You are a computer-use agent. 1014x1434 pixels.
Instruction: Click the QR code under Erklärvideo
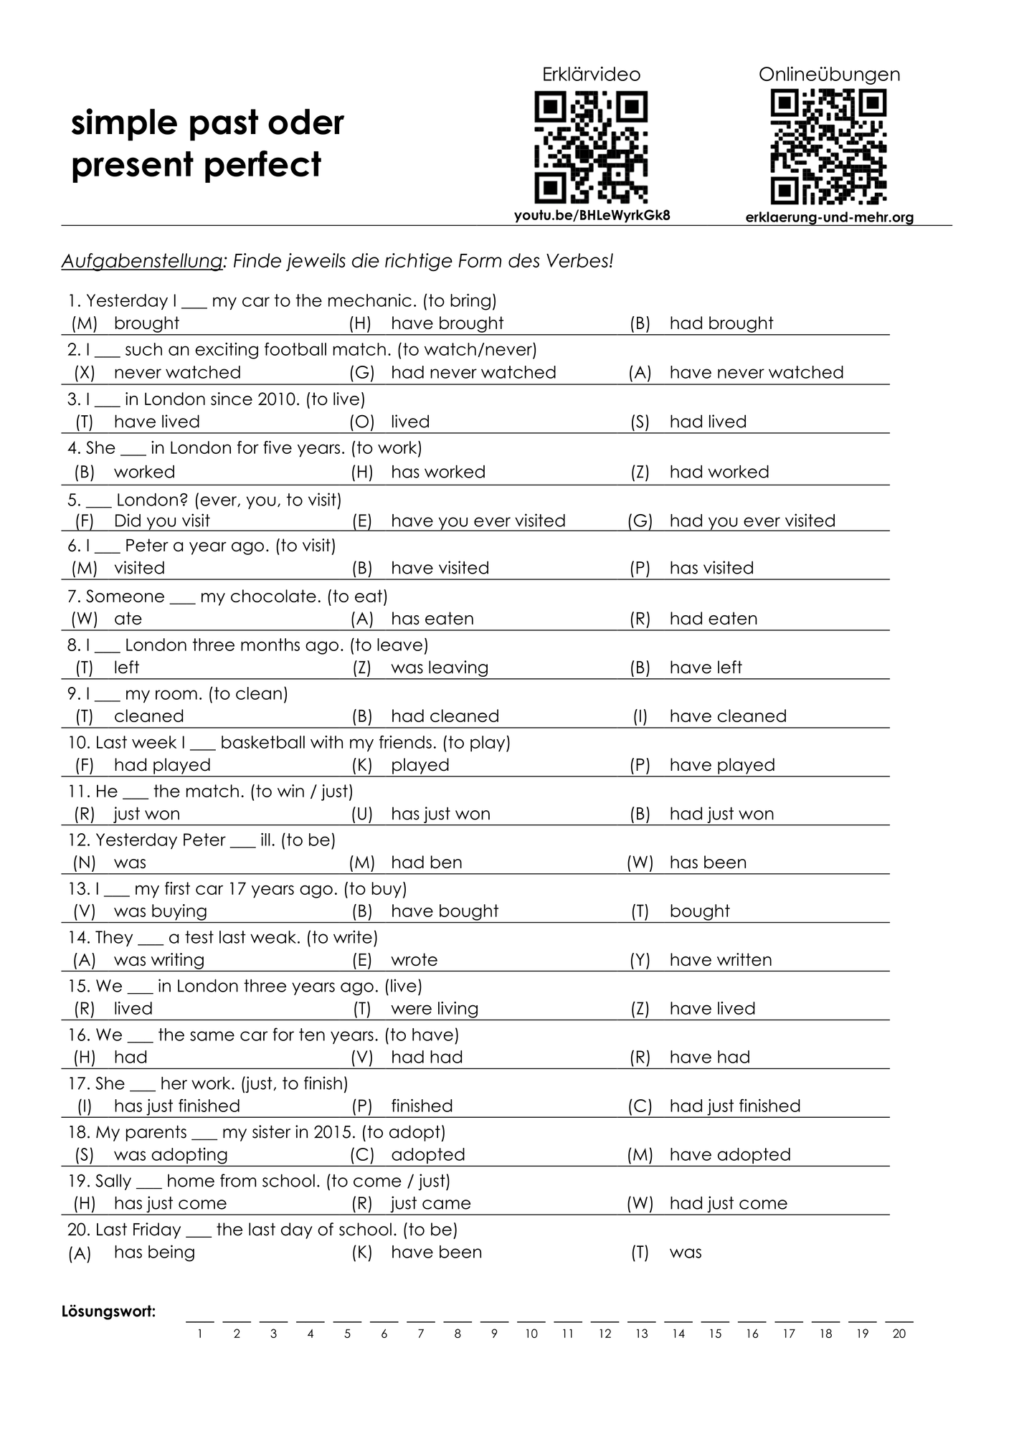[591, 147]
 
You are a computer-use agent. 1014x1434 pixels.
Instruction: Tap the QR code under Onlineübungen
[828, 147]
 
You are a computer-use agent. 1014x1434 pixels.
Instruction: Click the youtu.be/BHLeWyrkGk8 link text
[592, 215]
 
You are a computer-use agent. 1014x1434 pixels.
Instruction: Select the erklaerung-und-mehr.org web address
[829, 217]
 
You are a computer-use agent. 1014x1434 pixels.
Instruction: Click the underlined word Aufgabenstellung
[141, 261]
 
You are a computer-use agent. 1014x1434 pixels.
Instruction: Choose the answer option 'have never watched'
[756, 372]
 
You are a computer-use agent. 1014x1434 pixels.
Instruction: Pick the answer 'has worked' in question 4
[437, 472]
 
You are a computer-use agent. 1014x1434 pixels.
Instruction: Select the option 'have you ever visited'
[478, 521]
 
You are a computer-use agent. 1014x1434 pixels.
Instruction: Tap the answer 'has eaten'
[432, 618]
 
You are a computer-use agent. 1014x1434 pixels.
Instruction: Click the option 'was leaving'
[439, 667]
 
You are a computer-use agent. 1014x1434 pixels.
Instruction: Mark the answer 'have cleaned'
[727, 716]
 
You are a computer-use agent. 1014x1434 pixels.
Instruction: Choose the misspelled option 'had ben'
[426, 862]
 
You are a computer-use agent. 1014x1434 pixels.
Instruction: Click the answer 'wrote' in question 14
[414, 959]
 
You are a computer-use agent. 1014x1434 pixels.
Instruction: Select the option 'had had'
[426, 1057]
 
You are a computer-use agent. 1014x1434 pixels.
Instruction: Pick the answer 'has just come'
[170, 1203]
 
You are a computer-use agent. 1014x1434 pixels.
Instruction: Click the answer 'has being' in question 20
[154, 1252]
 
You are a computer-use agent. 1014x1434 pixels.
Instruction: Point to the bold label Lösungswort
[108, 1311]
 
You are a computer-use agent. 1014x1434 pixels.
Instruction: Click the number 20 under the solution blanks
[899, 1334]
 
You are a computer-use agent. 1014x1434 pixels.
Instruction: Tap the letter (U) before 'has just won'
[362, 814]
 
